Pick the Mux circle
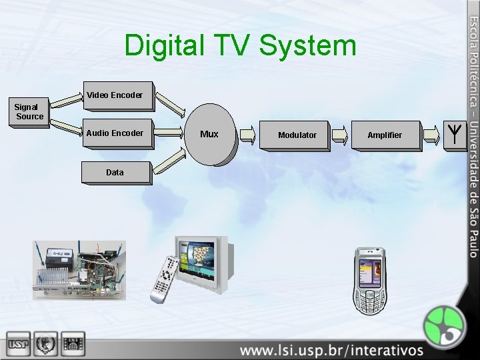point(210,134)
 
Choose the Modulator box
point(298,135)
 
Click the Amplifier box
point(385,135)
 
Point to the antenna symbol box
point(453,135)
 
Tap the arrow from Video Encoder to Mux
point(171,107)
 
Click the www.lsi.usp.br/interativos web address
point(331,349)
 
